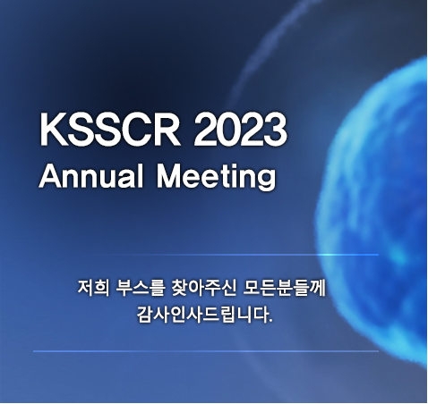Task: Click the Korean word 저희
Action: coord(94,289)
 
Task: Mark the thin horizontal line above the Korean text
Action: coord(206,255)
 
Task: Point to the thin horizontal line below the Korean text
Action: coord(206,351)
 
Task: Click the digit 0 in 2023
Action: coord(228,130)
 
